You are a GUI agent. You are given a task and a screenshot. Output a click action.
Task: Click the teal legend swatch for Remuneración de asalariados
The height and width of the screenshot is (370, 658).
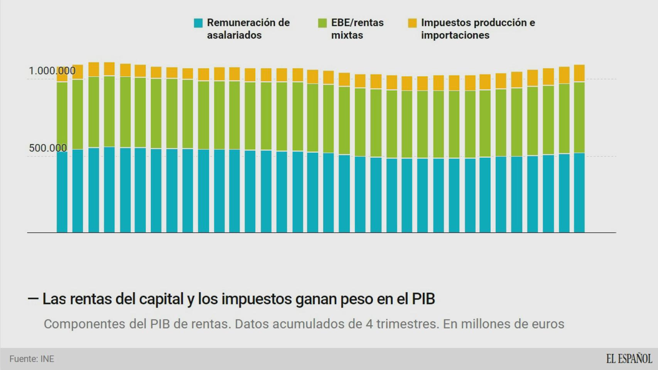coord(198,23)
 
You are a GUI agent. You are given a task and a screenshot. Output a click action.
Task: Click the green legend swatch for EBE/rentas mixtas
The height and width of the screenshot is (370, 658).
coord(322,23)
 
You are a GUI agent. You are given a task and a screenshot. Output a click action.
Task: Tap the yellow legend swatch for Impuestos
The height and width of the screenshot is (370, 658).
coord(412,23)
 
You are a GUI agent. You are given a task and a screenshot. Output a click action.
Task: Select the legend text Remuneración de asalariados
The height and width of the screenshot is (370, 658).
coord(248,29)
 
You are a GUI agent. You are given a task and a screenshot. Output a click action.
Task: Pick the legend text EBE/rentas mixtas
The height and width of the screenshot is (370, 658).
coord(357,29)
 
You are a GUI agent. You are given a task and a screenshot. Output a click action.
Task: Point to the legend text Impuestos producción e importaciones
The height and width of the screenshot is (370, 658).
coord(478,29)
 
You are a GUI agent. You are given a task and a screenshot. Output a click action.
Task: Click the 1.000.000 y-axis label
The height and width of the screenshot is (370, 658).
coord(52,71)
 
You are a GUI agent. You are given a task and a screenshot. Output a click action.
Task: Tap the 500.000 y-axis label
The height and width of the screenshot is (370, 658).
coord(48,148)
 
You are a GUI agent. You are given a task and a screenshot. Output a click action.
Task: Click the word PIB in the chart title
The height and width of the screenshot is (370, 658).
coord(423,299)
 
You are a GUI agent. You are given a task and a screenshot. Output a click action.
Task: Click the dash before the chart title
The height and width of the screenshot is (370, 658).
coord(33,299)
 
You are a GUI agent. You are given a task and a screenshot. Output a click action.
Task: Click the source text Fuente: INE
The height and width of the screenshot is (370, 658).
coord(32,359)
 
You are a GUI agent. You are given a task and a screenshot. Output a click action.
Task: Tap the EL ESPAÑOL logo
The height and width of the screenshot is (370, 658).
coord(629,359)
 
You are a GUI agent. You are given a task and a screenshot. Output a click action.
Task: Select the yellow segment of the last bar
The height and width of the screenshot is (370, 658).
coord(579,73)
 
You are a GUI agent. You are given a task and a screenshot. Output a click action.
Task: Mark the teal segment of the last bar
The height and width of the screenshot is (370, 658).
coord(579,193)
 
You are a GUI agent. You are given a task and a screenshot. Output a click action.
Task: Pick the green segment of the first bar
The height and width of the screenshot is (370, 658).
coord(62,116)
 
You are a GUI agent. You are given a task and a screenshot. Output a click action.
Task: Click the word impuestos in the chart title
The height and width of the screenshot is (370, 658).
coord(245,299)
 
